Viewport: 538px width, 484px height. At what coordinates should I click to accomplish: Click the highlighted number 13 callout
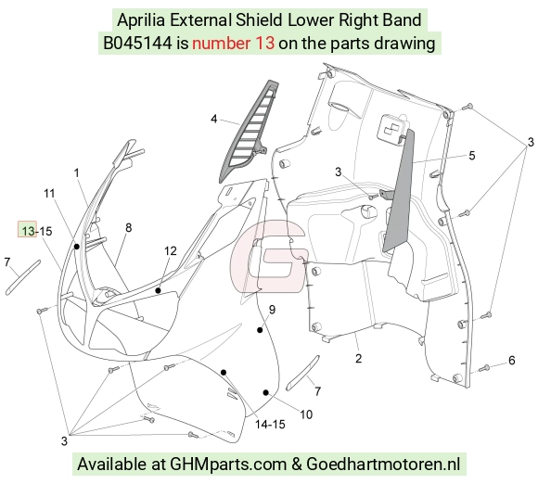[x=28, y=229]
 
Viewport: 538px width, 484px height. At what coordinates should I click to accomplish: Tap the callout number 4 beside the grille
[x=214, y=119]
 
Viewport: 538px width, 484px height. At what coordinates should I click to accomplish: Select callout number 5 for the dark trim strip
[x=472, y=156]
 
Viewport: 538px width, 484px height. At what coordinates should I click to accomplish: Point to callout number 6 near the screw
[x=512, y=360]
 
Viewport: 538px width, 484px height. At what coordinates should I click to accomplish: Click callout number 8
[x=129, y=228]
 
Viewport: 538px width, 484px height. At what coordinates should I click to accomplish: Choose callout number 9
[x=272, y=310]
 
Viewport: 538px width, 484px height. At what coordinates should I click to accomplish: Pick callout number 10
[x=306, y=414]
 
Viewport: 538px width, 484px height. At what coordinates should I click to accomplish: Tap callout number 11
[x=49, y=194]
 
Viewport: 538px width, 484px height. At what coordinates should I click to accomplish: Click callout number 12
[x=170, y=251]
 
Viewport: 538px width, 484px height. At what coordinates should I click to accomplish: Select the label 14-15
[x=270, y=425]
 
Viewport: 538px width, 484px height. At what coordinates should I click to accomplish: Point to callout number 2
[x=359, y=359]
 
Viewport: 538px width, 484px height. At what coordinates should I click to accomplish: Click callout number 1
[x=76, y=172]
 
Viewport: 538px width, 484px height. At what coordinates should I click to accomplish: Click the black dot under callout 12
[x=159, y=290]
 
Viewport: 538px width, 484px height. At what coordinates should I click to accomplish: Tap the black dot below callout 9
[x=260, y=330]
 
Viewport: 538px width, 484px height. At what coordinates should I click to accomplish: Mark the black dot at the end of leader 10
[x=265, y=392]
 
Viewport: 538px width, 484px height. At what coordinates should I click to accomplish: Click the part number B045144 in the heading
[x=137, y=44]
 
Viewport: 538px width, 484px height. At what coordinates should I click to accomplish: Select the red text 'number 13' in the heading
[x=234, y=44]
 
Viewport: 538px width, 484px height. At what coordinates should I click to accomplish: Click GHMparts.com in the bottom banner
[x=228, y=465]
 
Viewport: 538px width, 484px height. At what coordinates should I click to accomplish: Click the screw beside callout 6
[x=484, y=368]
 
